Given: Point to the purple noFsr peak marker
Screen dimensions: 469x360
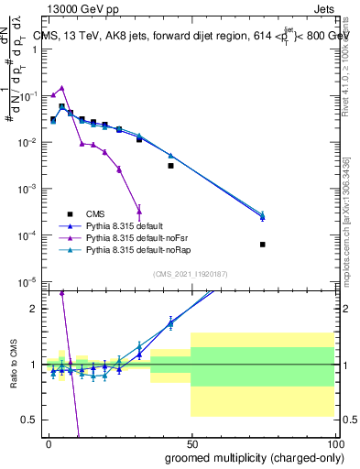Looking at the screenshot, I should pyautogui.click(x=61, y=88).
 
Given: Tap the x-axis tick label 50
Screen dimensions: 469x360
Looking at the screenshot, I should pyautogui.click(x=191, y=444).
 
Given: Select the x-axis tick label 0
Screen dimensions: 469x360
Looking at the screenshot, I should pyautogui.click(x=49, y=444).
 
